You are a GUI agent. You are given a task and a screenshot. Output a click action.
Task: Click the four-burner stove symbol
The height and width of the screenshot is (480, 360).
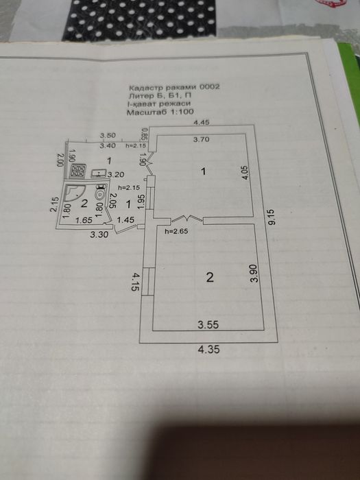click(77, 171)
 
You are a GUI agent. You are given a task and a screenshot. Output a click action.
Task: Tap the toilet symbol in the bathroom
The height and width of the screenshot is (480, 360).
click(100, 192)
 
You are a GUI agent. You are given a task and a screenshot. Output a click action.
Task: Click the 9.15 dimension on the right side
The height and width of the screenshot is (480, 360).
click(272, 217)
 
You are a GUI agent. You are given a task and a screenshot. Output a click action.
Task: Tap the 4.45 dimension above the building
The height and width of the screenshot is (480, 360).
click(202, 123)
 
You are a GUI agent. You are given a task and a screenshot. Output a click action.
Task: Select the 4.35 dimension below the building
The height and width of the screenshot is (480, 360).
click(208, 349)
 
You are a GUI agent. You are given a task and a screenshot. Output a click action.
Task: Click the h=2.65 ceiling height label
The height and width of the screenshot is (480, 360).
click(176, 232)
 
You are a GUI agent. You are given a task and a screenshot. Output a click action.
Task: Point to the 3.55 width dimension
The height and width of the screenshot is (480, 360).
click(208, 324)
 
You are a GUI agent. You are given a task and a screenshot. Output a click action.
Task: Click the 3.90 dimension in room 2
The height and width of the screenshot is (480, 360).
click(254, 273)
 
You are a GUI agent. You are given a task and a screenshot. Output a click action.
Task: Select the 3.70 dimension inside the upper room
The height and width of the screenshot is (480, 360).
click(201, 140)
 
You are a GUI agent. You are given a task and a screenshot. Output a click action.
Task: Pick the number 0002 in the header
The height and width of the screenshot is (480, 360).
click(210, 87)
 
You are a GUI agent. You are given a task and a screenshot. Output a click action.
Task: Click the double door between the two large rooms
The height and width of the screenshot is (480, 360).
click(187, 219)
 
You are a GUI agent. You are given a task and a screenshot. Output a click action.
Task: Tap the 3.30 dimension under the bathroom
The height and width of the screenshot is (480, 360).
click(99, 235)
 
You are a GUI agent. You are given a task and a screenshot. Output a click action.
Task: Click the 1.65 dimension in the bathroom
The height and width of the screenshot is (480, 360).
click(84, 220)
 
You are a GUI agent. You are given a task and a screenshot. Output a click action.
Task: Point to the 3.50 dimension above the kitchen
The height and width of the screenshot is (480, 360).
click(108, 135)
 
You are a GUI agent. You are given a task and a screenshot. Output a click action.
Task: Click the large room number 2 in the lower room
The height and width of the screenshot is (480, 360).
click(210, 277)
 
